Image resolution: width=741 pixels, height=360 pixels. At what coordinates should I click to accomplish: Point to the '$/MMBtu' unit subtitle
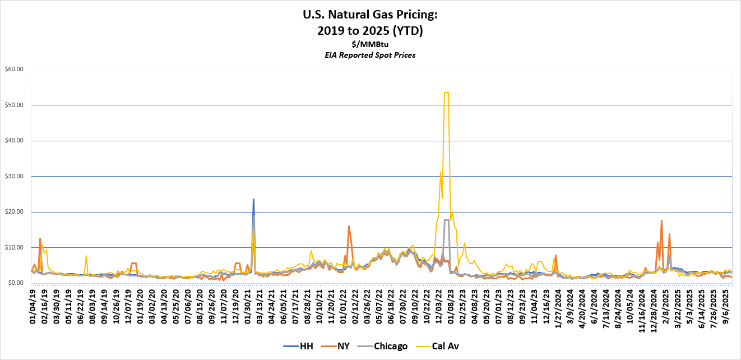coord(370,44)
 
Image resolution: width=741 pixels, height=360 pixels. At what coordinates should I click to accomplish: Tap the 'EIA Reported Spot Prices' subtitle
coord(370,55)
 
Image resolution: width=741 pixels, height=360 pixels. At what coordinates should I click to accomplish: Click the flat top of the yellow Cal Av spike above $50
coord(446,93)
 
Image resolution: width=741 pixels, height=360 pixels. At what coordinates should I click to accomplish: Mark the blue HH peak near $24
coord(253,199)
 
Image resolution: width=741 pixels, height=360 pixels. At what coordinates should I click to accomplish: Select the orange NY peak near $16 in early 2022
coord(349,226)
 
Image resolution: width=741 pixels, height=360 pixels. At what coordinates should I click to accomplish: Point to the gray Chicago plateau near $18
coord(447,220)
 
